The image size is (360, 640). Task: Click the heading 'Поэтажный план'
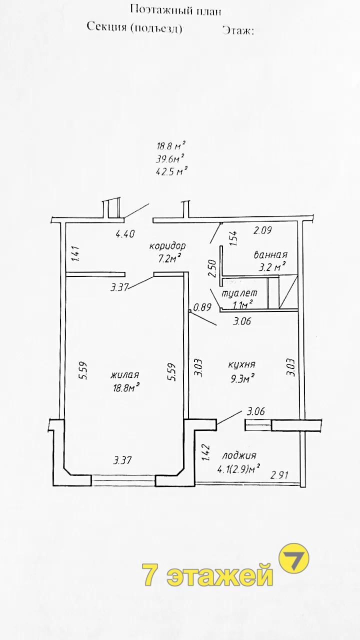click(x=175, y=10)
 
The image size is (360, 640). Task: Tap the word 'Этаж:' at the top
click(x=238, y=30)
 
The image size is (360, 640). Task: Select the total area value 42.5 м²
click(x=170, y=171)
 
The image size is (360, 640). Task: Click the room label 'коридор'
click(x=167, y=245)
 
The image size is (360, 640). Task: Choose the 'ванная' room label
click(x=270, y=254)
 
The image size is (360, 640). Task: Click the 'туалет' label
click(x=239, y=293)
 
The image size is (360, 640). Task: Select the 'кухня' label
click(x=241, y=364)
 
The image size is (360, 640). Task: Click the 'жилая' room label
click(x=125, y=374)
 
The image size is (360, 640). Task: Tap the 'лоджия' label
click(x=239, y=455)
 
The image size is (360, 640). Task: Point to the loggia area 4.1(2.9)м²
click(x=238, y=469)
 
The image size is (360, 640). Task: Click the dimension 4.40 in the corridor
click(x=125, y=234)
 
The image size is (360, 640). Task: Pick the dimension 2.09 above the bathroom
click(x=262, y=230)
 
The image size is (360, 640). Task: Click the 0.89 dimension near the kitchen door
click(x=202, y=307)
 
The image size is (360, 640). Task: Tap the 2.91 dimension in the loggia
click(x=279, y=475)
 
